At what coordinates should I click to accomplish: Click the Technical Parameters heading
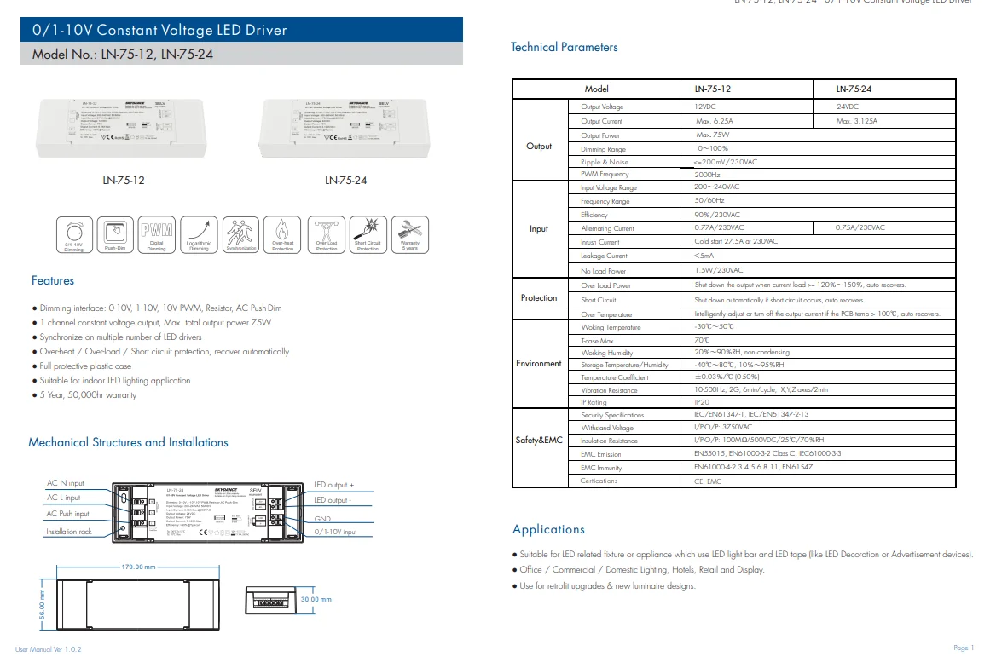[564, 48]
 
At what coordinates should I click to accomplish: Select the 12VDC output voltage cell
[706, 107]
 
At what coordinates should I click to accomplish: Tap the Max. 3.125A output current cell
[857, 121]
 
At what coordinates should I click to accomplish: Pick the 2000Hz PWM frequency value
[708, 174]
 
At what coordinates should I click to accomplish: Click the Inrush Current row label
[600, 242]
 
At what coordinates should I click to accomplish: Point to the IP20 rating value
[702, 402]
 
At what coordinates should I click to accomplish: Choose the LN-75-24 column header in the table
[854, 89]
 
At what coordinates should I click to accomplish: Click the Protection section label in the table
[539, 298]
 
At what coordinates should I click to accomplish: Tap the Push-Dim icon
[115, 233]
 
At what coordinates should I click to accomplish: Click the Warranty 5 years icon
[409, 233]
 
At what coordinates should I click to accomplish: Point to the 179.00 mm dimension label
[138, 567]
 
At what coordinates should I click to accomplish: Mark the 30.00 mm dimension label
[315, 599]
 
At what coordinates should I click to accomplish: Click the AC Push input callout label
[67, 514]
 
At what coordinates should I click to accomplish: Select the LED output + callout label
[333, 485]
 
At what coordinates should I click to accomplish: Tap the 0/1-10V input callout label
[335, 532]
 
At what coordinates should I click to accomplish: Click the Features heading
[53, 280]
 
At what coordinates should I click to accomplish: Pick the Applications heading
[548, 529]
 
